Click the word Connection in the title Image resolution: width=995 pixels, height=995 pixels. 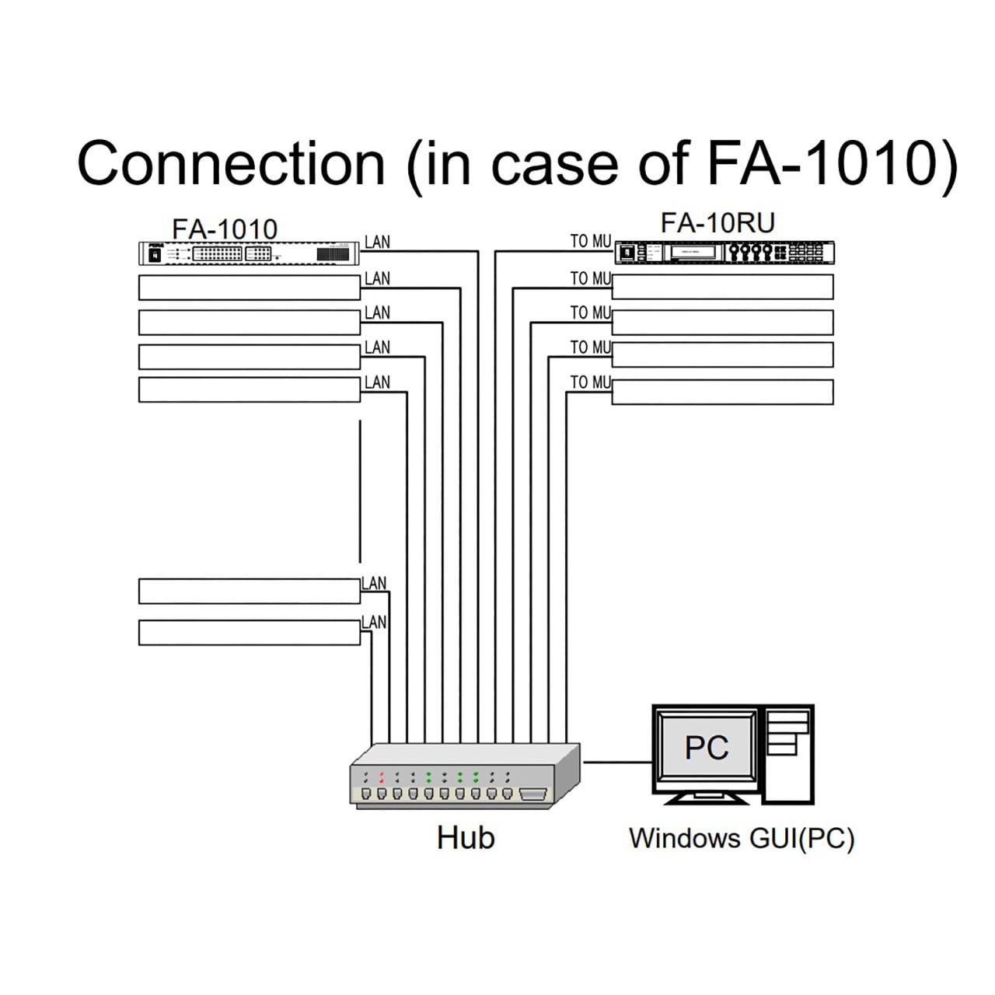coord(231,163)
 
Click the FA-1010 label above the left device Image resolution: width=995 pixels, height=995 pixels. coord(225,229)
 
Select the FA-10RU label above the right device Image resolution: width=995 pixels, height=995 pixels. coord(717,223)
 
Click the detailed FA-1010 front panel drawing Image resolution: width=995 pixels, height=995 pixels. coord(249,253)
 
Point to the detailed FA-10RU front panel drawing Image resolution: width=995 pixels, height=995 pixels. coord(724,253)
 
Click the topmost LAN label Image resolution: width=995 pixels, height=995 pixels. coord(377,242)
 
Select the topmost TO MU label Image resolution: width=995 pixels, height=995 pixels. coord(591,241)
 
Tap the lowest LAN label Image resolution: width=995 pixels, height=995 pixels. coord(374,622)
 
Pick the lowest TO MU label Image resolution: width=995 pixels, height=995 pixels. coord(591,382)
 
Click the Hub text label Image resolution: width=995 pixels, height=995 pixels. coord(466,837)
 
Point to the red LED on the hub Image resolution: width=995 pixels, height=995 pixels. coord(382,777)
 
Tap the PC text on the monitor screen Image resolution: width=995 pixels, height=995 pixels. coord(707,747)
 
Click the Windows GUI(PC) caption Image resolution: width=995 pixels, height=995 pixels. coord(742,839)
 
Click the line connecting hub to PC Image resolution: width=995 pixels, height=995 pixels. coord(617,762)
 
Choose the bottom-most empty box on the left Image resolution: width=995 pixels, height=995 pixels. coord(249,633)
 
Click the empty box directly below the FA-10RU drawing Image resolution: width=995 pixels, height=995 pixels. coord(722,287)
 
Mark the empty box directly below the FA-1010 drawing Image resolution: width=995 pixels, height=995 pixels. coord(249,288)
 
